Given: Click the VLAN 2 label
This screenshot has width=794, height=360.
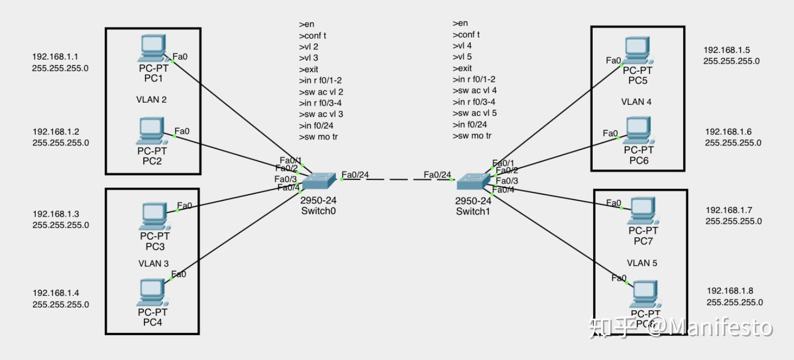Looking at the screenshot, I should coord(151,100).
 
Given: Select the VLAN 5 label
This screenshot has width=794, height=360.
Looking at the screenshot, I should coord(642,263).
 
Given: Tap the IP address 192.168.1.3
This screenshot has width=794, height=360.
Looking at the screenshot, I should coord(56,214).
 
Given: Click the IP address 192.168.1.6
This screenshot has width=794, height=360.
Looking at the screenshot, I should coord(728,132).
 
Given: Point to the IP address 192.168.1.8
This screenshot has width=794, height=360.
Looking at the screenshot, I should coord(730,291).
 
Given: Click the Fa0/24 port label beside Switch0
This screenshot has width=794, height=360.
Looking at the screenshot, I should coord(355,175).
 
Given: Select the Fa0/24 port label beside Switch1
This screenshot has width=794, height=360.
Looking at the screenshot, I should coord(438,175).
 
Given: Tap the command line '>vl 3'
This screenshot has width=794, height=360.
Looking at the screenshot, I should coord(309,58).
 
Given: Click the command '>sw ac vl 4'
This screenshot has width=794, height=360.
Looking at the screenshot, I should coord(475,91).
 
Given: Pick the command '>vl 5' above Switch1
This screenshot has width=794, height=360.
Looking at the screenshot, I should coord(462,57).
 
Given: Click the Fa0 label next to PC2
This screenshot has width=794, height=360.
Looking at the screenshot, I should coord(182,131).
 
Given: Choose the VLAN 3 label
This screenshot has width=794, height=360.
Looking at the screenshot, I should coord(153,263).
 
